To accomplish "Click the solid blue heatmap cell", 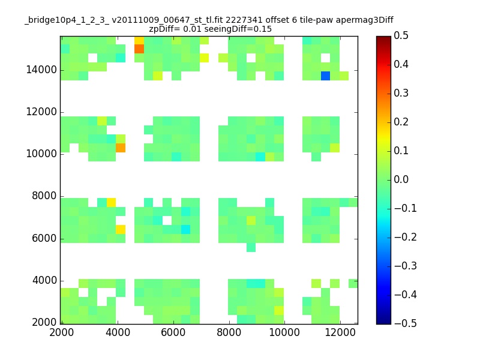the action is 325,76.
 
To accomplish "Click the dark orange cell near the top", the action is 139,49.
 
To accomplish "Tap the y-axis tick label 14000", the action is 41,70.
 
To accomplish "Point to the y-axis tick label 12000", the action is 41,112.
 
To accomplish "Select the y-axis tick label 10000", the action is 41,154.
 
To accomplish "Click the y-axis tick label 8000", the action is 44,196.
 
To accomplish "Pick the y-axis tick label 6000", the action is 44,238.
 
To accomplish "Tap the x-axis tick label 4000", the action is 118,332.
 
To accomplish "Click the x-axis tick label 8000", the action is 229,332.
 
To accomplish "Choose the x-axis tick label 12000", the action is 340,332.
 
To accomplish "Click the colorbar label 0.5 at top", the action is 401,35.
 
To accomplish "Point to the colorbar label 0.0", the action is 401,179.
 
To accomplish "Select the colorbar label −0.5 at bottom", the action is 406,323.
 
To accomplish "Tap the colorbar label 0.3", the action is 401,93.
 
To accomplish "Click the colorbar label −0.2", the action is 406,237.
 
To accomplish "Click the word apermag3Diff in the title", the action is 365,20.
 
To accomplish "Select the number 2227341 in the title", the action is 244,20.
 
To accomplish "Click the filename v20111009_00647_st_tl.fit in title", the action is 167,20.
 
